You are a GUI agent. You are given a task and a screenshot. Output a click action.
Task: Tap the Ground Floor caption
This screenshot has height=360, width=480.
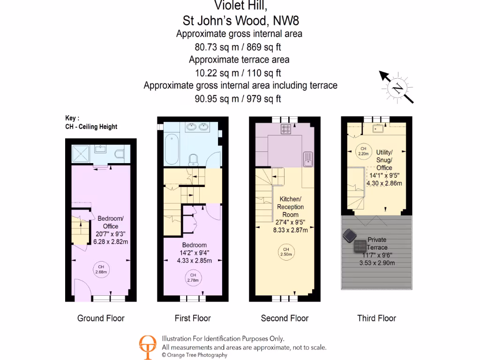pyautogui.click(x=101, y=318)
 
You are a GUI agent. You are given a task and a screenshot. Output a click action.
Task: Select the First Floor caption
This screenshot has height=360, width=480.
pyautogui.click(x=193, y=318)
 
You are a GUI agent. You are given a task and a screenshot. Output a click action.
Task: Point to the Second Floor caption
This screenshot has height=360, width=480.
pyautogui.click(x=285, y=318)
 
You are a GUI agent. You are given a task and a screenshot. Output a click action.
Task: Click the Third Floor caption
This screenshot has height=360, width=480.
pyautogui.click(x=376, y=318)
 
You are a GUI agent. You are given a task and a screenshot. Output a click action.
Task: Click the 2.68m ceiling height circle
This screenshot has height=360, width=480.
pyautogui.click(x=101, y=270)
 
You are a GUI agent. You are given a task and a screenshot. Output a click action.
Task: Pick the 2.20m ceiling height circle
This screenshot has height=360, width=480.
pyautogui.click(x=363, y=151)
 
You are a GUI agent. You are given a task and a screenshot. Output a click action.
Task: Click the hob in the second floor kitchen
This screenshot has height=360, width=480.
pyautogui.click(x=286, y=129)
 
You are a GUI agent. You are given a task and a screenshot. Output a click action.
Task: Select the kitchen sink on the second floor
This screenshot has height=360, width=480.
pyautogui.click(x=307, y=158)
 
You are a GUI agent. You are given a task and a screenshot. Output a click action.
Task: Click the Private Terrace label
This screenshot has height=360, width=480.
pyautogui.click(x=377, y=243)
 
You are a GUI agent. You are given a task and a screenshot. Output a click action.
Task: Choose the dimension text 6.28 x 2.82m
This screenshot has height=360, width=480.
pyautogui.click(x=111, y=241)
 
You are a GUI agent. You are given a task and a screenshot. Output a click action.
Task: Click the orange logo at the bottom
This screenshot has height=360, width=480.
pyautogui.click(x=148, y=347)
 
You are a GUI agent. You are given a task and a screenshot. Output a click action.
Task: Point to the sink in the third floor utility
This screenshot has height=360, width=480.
pyautogui.click(x=377, y=128)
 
